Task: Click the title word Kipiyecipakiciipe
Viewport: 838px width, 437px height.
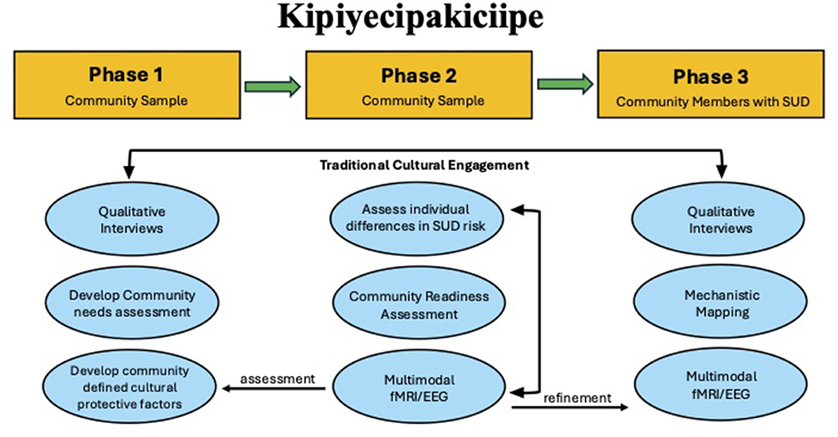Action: click(x=410, y=19)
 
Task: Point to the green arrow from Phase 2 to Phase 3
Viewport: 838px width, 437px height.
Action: click(x=565, y=85)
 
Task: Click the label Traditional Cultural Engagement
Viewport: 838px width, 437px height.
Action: click(x=424, y=166)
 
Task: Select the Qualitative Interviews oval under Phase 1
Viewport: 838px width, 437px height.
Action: click(x=131, y=219)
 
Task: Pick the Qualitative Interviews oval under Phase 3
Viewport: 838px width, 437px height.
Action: click(x=721, y=219)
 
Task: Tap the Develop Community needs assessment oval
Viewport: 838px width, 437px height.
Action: click(x=131, y=303)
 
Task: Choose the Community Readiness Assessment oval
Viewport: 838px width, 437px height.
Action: click(x=419, y=304)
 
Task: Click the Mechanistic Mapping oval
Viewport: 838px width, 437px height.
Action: click(x=721, y=303)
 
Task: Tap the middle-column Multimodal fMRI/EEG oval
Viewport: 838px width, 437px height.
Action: click(x=419, y=388)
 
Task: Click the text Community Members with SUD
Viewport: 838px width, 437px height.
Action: click(x=713, y=101)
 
